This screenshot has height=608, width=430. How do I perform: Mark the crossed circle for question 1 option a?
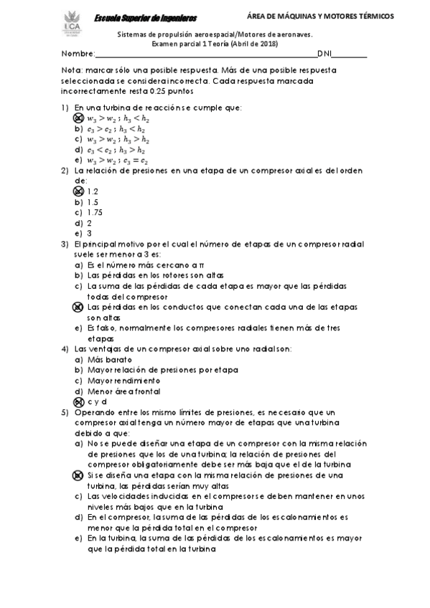[79, 118]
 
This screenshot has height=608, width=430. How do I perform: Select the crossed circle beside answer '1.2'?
[79, 191]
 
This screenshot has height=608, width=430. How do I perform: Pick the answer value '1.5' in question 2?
[93, 202]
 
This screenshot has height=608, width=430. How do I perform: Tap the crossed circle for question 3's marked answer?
[79, 307]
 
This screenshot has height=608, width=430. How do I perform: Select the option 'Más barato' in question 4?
[108, 359]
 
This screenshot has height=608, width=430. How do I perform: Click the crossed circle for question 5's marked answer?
[79, 475]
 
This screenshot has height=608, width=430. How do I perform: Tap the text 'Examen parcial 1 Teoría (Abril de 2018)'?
[215, 44]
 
